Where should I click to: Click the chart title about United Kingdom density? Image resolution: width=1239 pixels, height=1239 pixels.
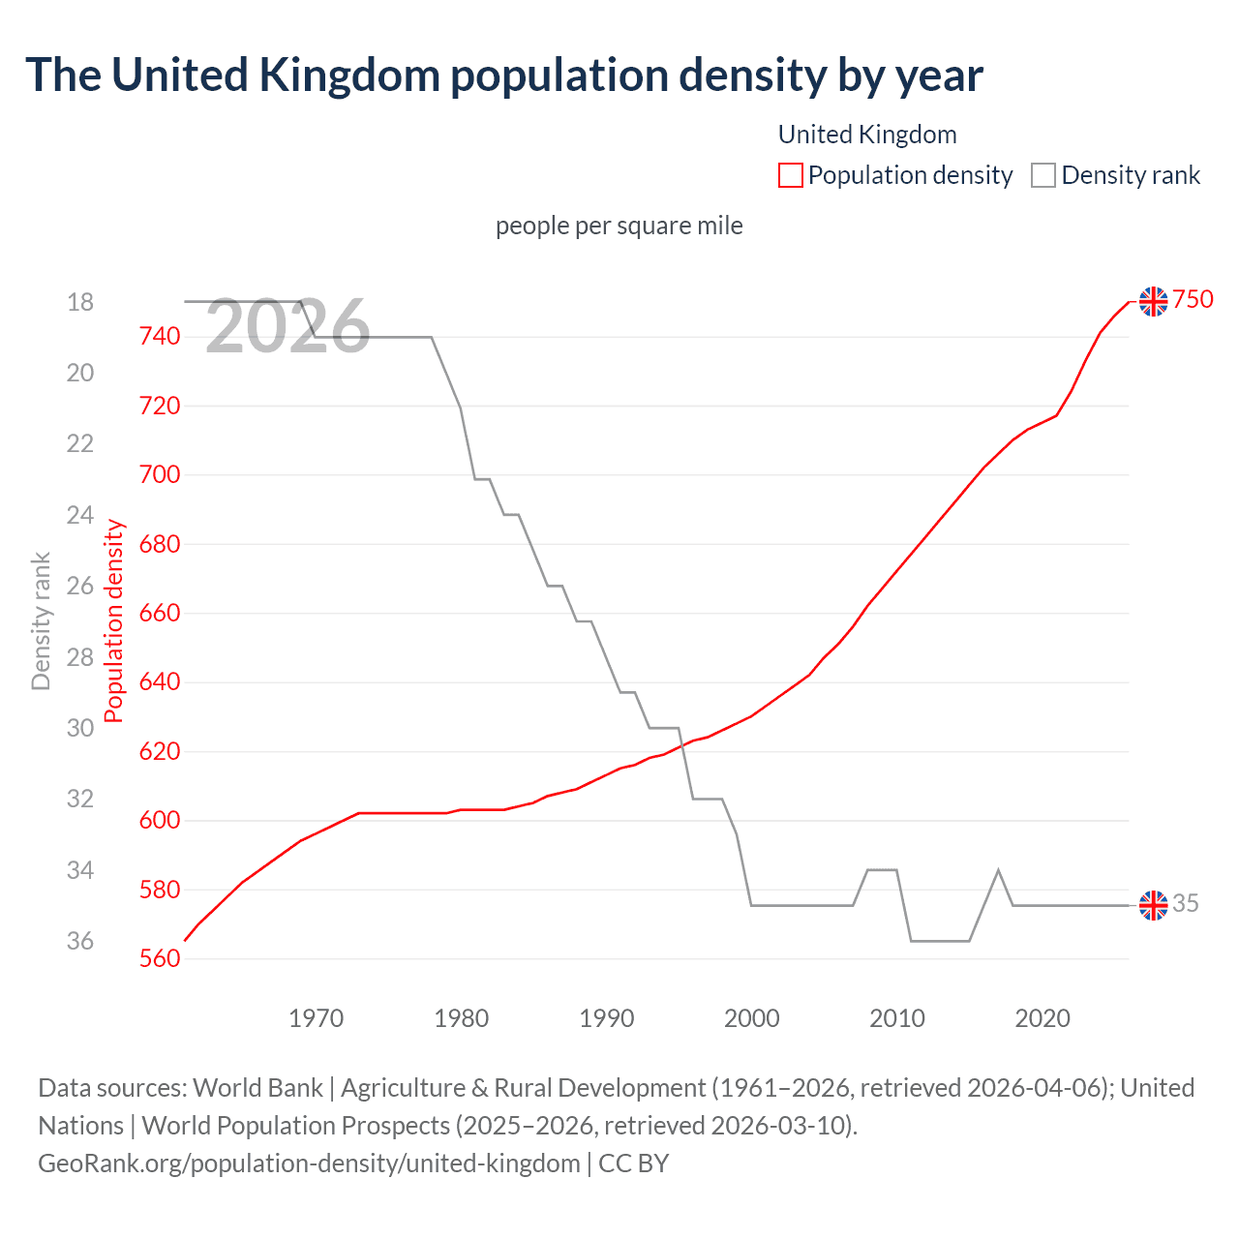[x=503, y=76]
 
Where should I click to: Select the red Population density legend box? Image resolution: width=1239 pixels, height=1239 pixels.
[x=790, y=175]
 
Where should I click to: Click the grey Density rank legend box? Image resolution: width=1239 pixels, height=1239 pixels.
[x=1043, y=175]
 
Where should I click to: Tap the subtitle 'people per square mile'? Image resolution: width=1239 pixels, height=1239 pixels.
[x=619, y=226]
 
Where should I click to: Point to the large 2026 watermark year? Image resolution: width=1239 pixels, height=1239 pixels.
[x=287, y=327]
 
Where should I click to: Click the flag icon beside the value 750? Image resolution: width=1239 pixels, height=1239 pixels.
[x=1153, y=301]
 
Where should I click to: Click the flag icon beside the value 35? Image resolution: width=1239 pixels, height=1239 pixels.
[x=1153, y=905]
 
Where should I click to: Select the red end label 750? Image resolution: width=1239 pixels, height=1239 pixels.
[x=1193, y=300]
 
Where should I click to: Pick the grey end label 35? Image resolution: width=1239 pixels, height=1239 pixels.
[x=1186, y=904]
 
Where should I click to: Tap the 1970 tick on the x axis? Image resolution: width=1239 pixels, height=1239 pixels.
[x=317, y=1018]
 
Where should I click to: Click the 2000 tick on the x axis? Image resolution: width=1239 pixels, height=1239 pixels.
[x=752, y=1018]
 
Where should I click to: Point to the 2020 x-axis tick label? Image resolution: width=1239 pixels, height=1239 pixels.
[x=1043, y=1018]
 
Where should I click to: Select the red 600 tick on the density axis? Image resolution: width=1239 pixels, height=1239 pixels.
[x=160, y=821]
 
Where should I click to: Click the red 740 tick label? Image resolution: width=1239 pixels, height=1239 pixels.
[x=160, y=337]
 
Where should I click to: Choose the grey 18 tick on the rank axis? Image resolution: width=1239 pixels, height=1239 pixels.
[x=80, y=303]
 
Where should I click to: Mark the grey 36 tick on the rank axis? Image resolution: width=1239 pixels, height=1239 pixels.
[x=80, y=941]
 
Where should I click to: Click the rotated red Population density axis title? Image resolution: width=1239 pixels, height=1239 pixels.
[x=114, y=621]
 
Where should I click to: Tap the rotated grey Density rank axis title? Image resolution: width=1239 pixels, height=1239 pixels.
[x=41, y=621]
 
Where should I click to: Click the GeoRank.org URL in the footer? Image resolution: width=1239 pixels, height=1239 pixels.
[x=309, y=1163]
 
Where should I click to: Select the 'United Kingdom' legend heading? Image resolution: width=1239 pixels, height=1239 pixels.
[x=867, y=135]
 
